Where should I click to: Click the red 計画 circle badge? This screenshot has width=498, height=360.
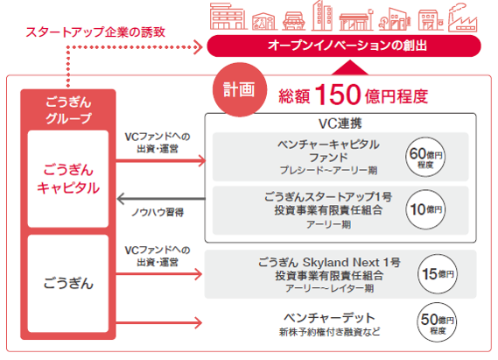[x=240, y=89]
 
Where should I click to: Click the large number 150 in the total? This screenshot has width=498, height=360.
[x=338, y=95]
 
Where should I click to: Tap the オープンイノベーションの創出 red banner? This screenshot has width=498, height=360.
[x=344, y=46]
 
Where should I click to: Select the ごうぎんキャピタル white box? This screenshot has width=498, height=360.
[x=68, y=179]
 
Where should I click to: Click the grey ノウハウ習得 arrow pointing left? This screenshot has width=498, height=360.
[x=161, y=199]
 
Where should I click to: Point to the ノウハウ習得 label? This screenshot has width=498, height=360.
[x=158, y=212]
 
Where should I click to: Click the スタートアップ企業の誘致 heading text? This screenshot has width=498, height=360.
[x=95, y=32]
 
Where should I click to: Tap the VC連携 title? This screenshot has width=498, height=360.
[x=340, y=124]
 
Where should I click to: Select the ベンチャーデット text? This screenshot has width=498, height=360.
[x=329, y=318]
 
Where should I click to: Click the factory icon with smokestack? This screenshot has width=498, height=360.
[x=462, y=18]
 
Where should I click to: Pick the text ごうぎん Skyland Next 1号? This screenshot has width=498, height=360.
[x=329, y=263]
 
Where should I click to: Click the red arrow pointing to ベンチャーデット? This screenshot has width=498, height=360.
[x=158, y=323]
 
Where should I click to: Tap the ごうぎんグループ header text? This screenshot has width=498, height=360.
[x=68, y=110]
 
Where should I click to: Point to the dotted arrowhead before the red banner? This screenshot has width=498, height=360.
[x=198, y=47]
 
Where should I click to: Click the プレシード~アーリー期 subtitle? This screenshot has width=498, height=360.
[x=328, y=171]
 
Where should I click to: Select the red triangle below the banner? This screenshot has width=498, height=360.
[x=349, y=67]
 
